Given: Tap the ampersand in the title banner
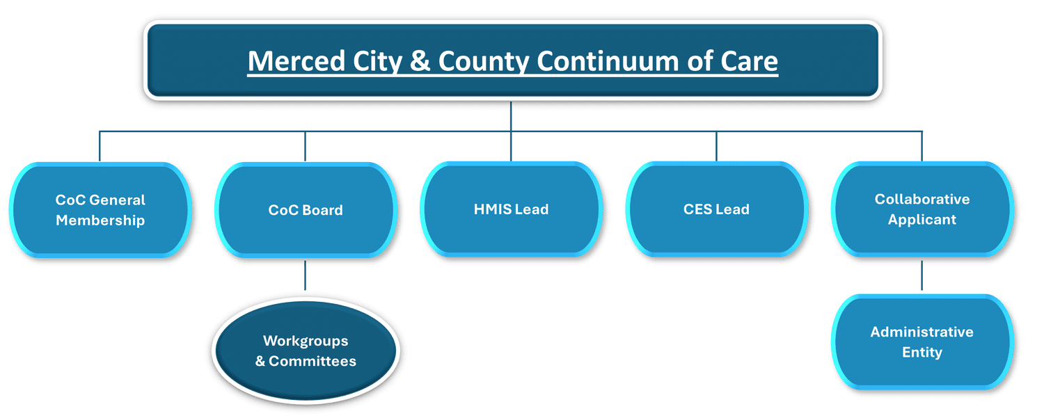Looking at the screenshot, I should click(420, 61).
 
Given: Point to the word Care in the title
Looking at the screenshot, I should click(750, 61).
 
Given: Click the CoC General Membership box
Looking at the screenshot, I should click(100, 210).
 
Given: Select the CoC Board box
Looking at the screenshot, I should click(306, 210).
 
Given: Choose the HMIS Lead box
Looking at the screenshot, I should click(511, 209).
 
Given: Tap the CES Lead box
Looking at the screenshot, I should click(716, 209).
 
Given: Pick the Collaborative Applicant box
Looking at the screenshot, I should click(922, 209).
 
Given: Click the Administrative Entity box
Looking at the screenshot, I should click(922, 341).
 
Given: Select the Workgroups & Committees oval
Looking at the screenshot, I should click(306, 351).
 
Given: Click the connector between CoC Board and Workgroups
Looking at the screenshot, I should click(306, 275).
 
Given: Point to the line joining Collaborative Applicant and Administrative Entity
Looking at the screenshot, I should click(922, 275).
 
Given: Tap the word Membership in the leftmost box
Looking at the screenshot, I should click(100, 220).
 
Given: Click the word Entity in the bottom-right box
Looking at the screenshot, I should click(922, 352).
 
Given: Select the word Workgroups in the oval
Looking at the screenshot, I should click(306, 341).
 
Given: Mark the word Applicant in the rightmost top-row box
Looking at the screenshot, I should click(922, 220).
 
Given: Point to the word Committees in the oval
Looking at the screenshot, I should click(313, 362).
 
